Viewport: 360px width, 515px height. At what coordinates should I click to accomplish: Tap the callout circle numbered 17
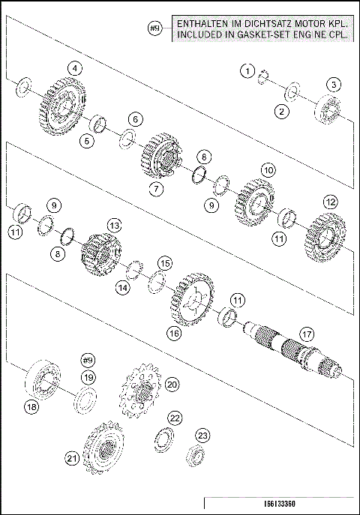[306, 333]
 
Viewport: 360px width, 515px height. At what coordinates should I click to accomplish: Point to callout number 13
[114, 225]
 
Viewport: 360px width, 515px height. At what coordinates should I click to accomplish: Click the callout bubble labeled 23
[202, 435]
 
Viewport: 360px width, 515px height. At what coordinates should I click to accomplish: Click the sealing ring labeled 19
[86, 398]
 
